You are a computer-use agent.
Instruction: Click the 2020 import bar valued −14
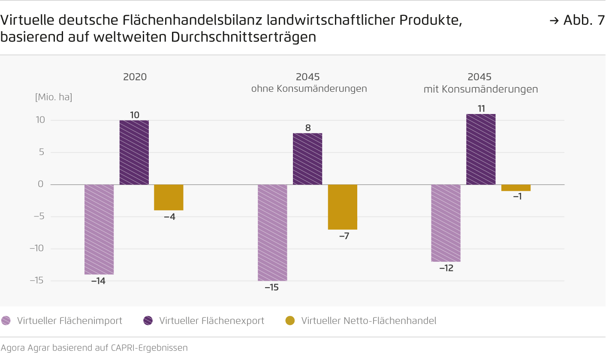pos(99,229)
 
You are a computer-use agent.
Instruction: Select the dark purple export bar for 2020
pos(134,152)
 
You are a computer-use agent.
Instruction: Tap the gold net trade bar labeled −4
pos(169,197)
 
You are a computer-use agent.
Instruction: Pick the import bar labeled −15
pos(272,232)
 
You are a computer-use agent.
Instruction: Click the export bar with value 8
pos(307,159)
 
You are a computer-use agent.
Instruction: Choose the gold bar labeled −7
pos(342,207)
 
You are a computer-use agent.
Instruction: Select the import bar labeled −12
pos(446,223)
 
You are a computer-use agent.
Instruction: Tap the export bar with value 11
pos(480,149)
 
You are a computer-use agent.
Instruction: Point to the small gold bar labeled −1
pos(516,188)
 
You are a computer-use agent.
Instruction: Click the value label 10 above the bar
pos(134,115)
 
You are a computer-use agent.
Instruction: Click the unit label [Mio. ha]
pos(54,97)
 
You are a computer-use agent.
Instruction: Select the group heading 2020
pos(135,77)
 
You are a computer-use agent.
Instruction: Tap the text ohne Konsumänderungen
pos(309,89)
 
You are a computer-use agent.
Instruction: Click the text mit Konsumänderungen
pos(480,89)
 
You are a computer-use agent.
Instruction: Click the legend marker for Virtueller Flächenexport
pos(148,321)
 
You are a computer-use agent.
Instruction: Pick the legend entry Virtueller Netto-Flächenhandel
pos(368,321)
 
